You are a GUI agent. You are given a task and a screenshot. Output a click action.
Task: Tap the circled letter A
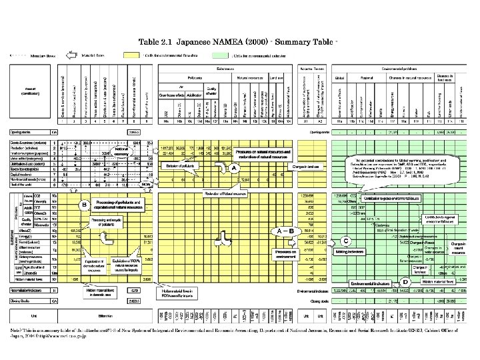pyautogui.click(x=234, y=169)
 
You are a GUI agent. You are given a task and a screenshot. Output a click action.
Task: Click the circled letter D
pyautogui.click(x=405, y=282)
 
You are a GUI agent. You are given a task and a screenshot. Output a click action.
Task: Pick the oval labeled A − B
pyautogui.click(x=283, y=230)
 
